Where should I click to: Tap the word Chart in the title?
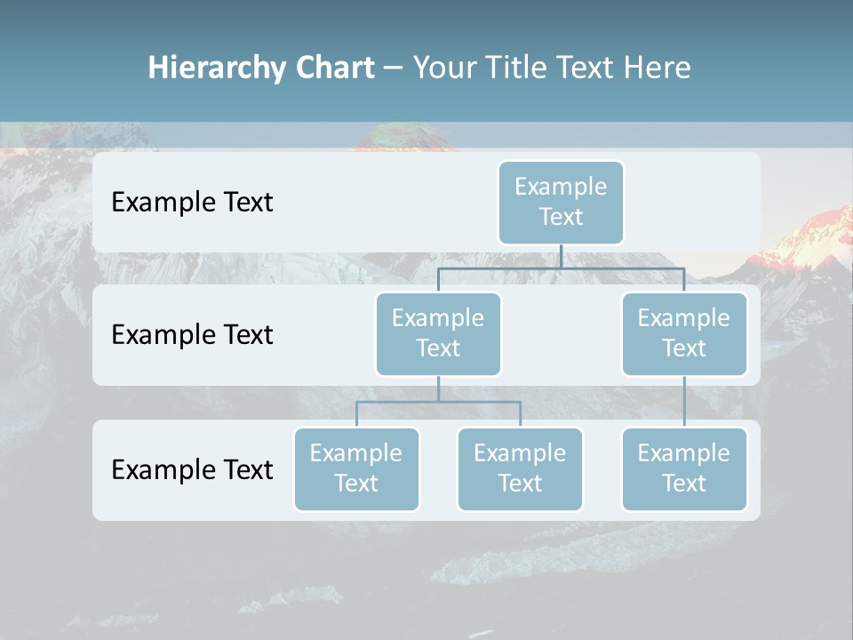[334, 68]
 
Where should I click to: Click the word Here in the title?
[658, 68]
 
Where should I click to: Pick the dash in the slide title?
[393, 68]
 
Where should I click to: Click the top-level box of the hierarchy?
[561, 202]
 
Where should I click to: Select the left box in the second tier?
[438, 333]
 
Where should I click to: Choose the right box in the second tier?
[684, 333]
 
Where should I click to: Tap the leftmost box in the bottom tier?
[356, 468]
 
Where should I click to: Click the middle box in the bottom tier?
[520, 468]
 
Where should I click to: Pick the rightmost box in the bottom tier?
[684, 468]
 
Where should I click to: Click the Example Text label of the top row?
[192, 202]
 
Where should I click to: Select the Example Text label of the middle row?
[192, 334]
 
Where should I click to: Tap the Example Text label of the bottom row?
[192, 469]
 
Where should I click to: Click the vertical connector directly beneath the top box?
[561, 256]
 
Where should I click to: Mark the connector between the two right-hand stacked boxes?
[684, 402]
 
